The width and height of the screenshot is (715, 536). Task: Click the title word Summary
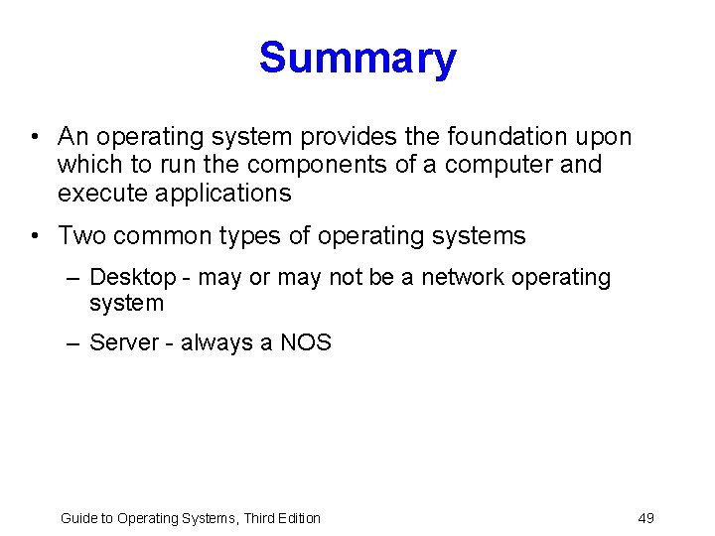tap(357, 59)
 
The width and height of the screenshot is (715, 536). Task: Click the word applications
tap(223, 194)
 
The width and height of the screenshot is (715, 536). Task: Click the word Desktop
tap(132, 278)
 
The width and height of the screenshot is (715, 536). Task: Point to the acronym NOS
tap(306, 343)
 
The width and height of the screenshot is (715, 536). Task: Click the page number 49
tap(645, 518)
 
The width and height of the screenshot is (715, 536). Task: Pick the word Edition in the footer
tap(297, 518)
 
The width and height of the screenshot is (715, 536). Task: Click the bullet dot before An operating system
tap(35, 136)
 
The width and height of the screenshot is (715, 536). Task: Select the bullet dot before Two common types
tap(35, 236)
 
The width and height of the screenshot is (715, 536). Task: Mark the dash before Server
tap(72, 343)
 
